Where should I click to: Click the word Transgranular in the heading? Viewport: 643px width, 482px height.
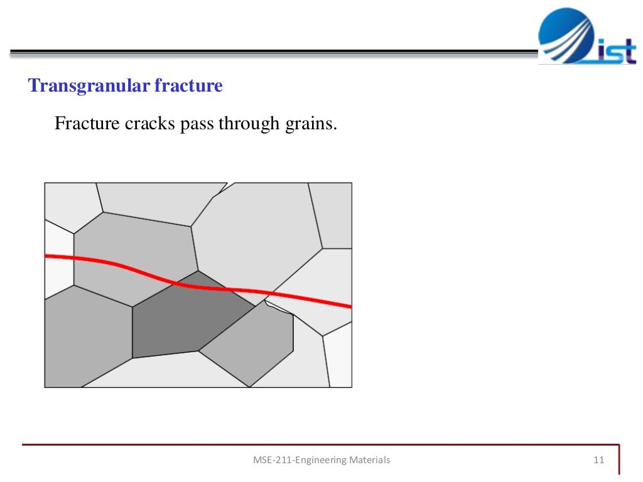click(89, 85)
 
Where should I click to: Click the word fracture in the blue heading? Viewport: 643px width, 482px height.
click(188, 85)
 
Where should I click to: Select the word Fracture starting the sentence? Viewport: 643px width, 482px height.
click(87, 123)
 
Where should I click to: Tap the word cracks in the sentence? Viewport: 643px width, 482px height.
click(149, 124)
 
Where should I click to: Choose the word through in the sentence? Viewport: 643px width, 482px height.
click(249, 124)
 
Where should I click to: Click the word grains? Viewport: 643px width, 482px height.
click(311, 124)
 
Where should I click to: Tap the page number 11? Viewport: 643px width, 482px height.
click(598, 460)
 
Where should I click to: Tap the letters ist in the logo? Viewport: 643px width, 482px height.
click(617, 51)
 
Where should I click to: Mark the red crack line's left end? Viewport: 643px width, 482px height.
click(45, 257)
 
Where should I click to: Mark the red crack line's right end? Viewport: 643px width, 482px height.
click(352, 306)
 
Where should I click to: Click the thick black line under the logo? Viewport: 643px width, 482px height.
click(274, 51)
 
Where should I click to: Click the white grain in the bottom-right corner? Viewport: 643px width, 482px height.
click(338, 355)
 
